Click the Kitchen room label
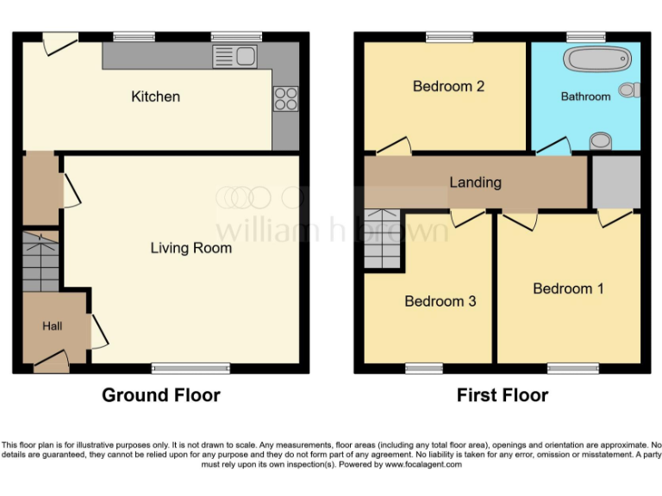coord(155,96)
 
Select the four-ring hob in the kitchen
coord(285,99)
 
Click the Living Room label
coord(190,248)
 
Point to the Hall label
coord(53,326)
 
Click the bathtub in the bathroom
coord(596,59)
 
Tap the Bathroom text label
coord(585,96)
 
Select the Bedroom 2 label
coord(448,86)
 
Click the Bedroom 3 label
coord(440,301)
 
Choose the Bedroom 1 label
coord(568,288)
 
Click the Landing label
coord(475,183)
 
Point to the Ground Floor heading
coord(161,395)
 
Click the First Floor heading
coord(503,395)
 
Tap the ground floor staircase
coord(40,261)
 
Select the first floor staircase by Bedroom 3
coord(384,240)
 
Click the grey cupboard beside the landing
coord(615,182)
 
